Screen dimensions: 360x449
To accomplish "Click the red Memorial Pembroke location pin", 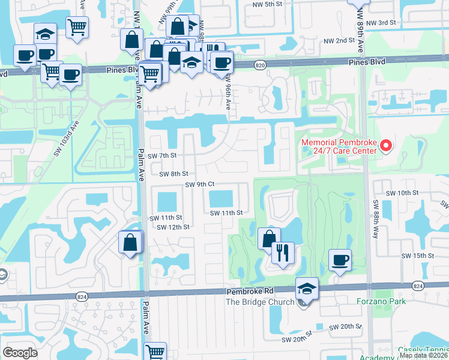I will (386, 145).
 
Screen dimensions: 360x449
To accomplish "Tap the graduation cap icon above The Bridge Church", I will (307, 289).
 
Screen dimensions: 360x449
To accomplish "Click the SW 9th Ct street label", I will (200, 185).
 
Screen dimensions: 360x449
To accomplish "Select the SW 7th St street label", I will (163, 155).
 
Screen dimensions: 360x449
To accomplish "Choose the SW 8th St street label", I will (173, 174).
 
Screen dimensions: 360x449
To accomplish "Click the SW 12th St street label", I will (173, 227).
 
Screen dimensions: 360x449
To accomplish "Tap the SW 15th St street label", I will (418, 255).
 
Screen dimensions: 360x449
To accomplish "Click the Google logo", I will (20, 352).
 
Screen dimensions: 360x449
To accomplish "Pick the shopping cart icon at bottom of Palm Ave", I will (155, 350).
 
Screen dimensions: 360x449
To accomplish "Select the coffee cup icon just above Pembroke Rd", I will (340, 259).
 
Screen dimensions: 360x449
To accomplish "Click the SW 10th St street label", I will (402, 193).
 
